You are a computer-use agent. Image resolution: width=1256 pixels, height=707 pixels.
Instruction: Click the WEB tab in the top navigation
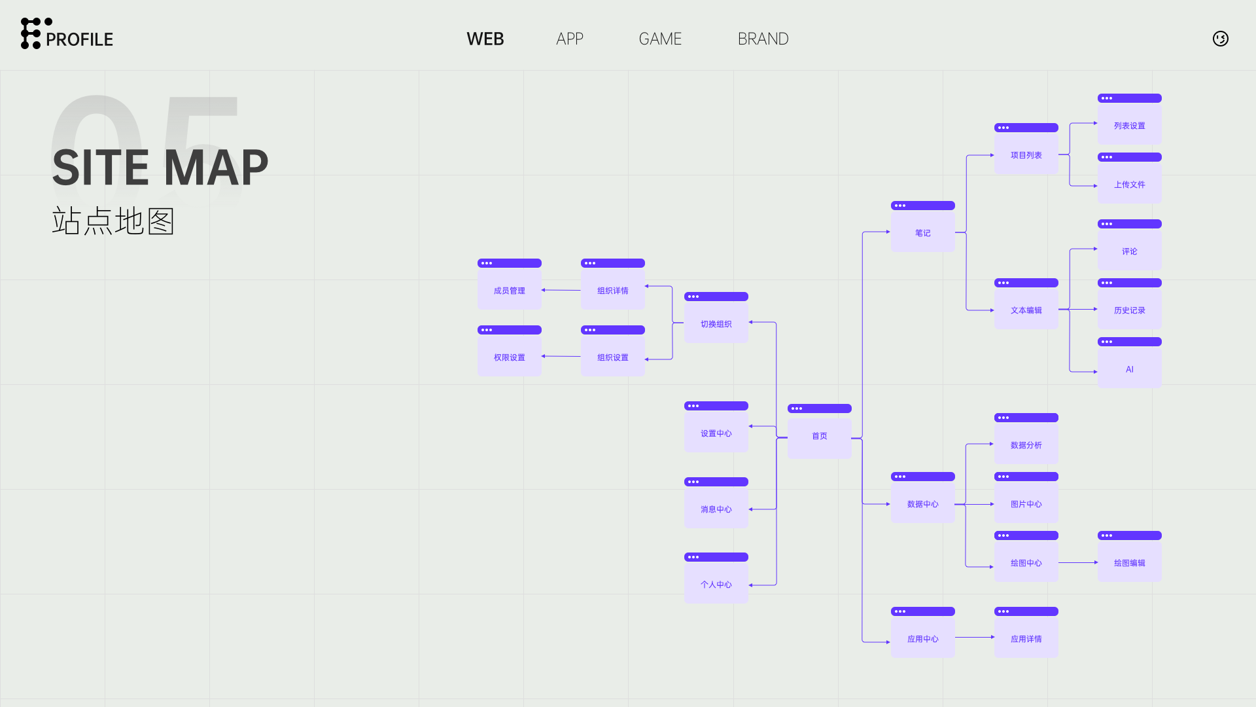tap(485, 39)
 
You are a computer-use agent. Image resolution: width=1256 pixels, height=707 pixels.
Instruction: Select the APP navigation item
tap(569, 39)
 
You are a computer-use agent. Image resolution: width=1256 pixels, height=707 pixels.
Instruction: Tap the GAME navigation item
tap(660, 39)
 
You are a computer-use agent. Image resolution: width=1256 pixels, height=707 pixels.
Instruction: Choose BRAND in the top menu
tap(763, 39)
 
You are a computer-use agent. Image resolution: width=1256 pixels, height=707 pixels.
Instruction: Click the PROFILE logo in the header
tap(67, 34)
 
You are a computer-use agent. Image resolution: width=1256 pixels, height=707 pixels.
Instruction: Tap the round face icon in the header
tap(1220, 39)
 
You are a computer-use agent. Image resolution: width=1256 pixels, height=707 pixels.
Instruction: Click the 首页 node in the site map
tap(819, 436)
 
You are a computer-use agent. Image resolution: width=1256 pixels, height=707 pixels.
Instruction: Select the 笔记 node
tap(922, 233)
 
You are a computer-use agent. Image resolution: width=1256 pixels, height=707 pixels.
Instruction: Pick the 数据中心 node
tap(922, 504)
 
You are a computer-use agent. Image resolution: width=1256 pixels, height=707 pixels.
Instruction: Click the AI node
tap(1129, 369)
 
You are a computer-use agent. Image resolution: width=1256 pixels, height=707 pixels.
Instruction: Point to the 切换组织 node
tap(716, 324)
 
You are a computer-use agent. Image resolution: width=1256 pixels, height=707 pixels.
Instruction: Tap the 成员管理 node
tap(509, 291)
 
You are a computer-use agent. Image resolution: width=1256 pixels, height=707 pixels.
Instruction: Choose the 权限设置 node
tap(509, 357)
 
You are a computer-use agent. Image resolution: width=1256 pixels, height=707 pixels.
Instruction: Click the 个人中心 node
tap(716, 585)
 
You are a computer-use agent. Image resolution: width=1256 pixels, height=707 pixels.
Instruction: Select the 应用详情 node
tap(1026, 639)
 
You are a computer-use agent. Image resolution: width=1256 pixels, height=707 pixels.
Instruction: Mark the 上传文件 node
tap(1129, 185)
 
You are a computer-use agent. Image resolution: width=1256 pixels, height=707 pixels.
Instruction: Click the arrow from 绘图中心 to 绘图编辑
tap(1077, 562)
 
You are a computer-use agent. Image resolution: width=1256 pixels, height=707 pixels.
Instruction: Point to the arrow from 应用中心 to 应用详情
tap(974, 637)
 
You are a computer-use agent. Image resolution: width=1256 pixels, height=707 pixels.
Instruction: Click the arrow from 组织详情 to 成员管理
tap(561, 290)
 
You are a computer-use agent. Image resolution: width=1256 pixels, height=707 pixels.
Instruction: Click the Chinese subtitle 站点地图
tap(113, 221)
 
